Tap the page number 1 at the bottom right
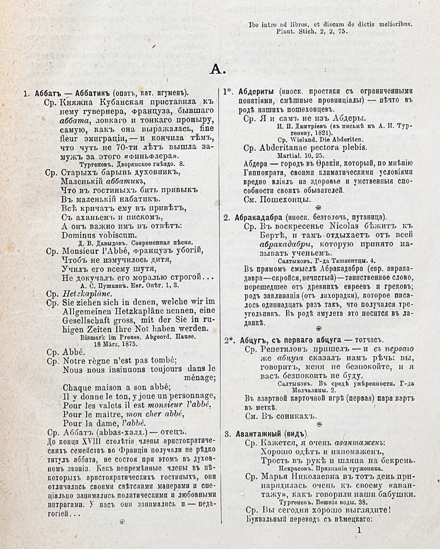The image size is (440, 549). tap(360, 530)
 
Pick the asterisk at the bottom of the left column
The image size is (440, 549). tap(122, 522)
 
